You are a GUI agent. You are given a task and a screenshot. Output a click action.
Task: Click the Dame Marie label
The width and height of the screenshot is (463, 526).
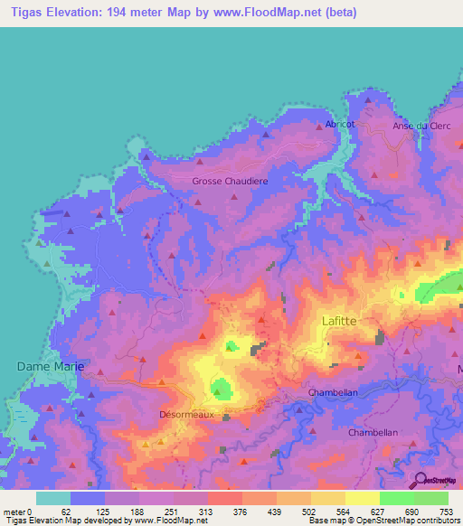[51, 366]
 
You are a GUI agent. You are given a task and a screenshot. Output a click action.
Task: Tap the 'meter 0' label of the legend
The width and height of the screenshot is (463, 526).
[17, 511]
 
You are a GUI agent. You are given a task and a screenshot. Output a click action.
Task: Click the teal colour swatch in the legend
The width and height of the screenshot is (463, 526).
[53, 498]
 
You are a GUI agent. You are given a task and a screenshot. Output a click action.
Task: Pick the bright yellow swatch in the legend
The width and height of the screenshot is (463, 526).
[362, 498]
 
